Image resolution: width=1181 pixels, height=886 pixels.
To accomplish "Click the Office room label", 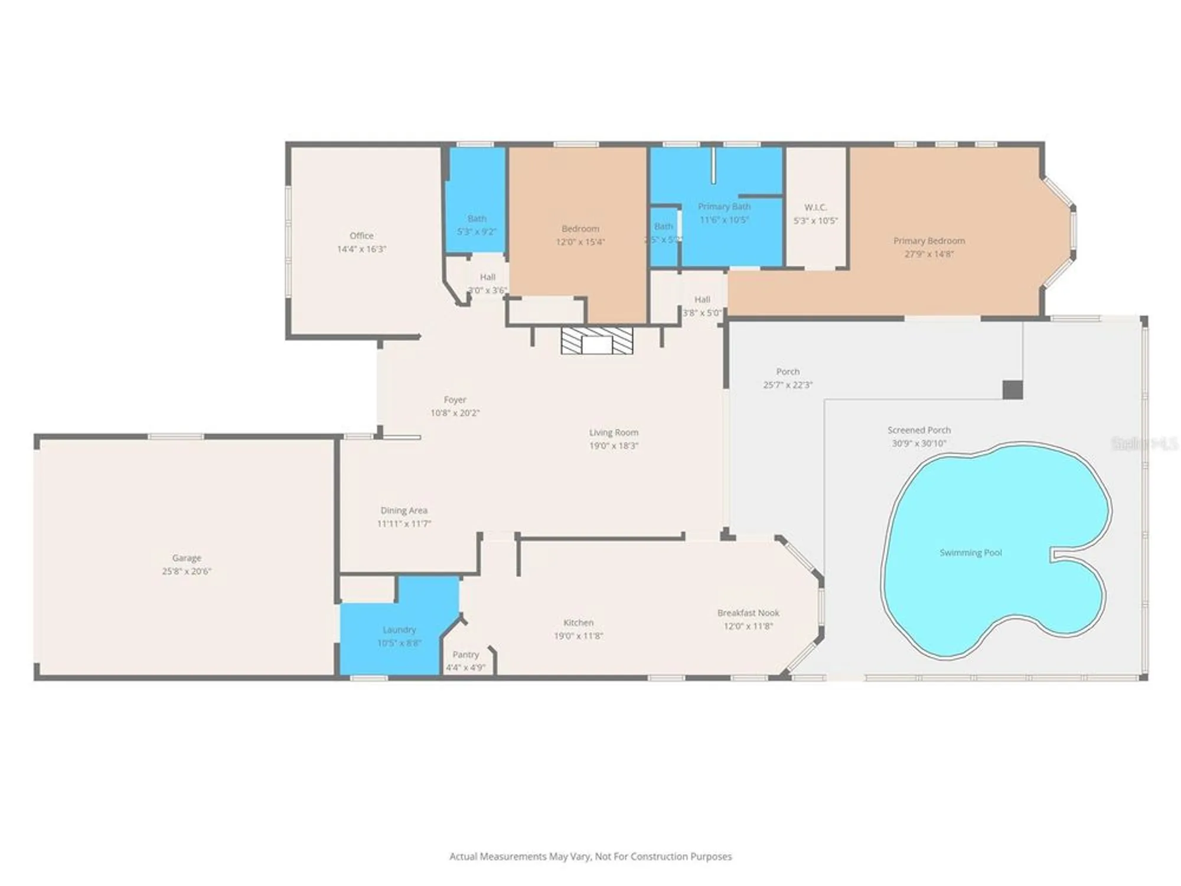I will pos(361,236).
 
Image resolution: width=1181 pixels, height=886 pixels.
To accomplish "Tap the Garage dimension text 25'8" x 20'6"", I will pos(187,571).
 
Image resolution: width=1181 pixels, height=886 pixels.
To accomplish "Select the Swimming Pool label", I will pos(971,553).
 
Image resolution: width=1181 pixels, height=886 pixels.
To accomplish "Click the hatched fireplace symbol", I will pos(596,341).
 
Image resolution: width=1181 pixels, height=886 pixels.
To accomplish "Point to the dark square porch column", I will pos(1013,390).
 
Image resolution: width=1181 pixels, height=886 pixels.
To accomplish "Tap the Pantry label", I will pos(465,654).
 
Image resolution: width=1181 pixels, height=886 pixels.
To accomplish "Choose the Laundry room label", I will pos(399,630).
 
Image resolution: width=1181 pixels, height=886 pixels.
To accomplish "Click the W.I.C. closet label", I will pos(815,207).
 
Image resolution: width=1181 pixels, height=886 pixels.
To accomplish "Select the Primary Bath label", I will pos(724,206).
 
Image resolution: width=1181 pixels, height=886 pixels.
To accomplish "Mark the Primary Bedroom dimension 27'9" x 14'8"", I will pos(929,254).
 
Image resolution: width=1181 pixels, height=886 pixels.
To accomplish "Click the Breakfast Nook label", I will pos(748,613).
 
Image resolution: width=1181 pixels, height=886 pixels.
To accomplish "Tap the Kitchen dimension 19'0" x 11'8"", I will pos(578,636).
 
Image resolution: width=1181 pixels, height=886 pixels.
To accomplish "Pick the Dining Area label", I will pos(404,510).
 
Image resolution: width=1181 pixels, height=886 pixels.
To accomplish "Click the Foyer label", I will pos(455,400).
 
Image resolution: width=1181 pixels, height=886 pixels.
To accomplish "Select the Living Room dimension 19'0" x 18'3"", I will pos(614,446).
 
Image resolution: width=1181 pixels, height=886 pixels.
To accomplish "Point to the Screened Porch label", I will pos(919,430).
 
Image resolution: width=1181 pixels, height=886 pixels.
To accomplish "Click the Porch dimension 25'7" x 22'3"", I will pos(788,385).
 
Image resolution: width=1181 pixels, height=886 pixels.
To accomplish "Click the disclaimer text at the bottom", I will pos(590,856).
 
